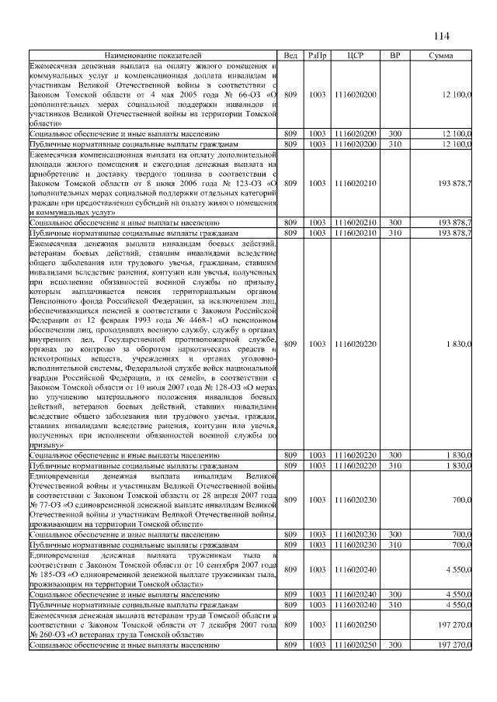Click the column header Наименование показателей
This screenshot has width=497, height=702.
pyautogui.click(x=153, y=56)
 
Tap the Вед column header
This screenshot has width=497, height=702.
pyautogui.click(x=290, y=56)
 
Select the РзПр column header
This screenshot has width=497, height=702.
pyautogui.click(x=317, y=56)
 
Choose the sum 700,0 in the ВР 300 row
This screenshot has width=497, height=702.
pyautogui.click(x=462, y=534)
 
